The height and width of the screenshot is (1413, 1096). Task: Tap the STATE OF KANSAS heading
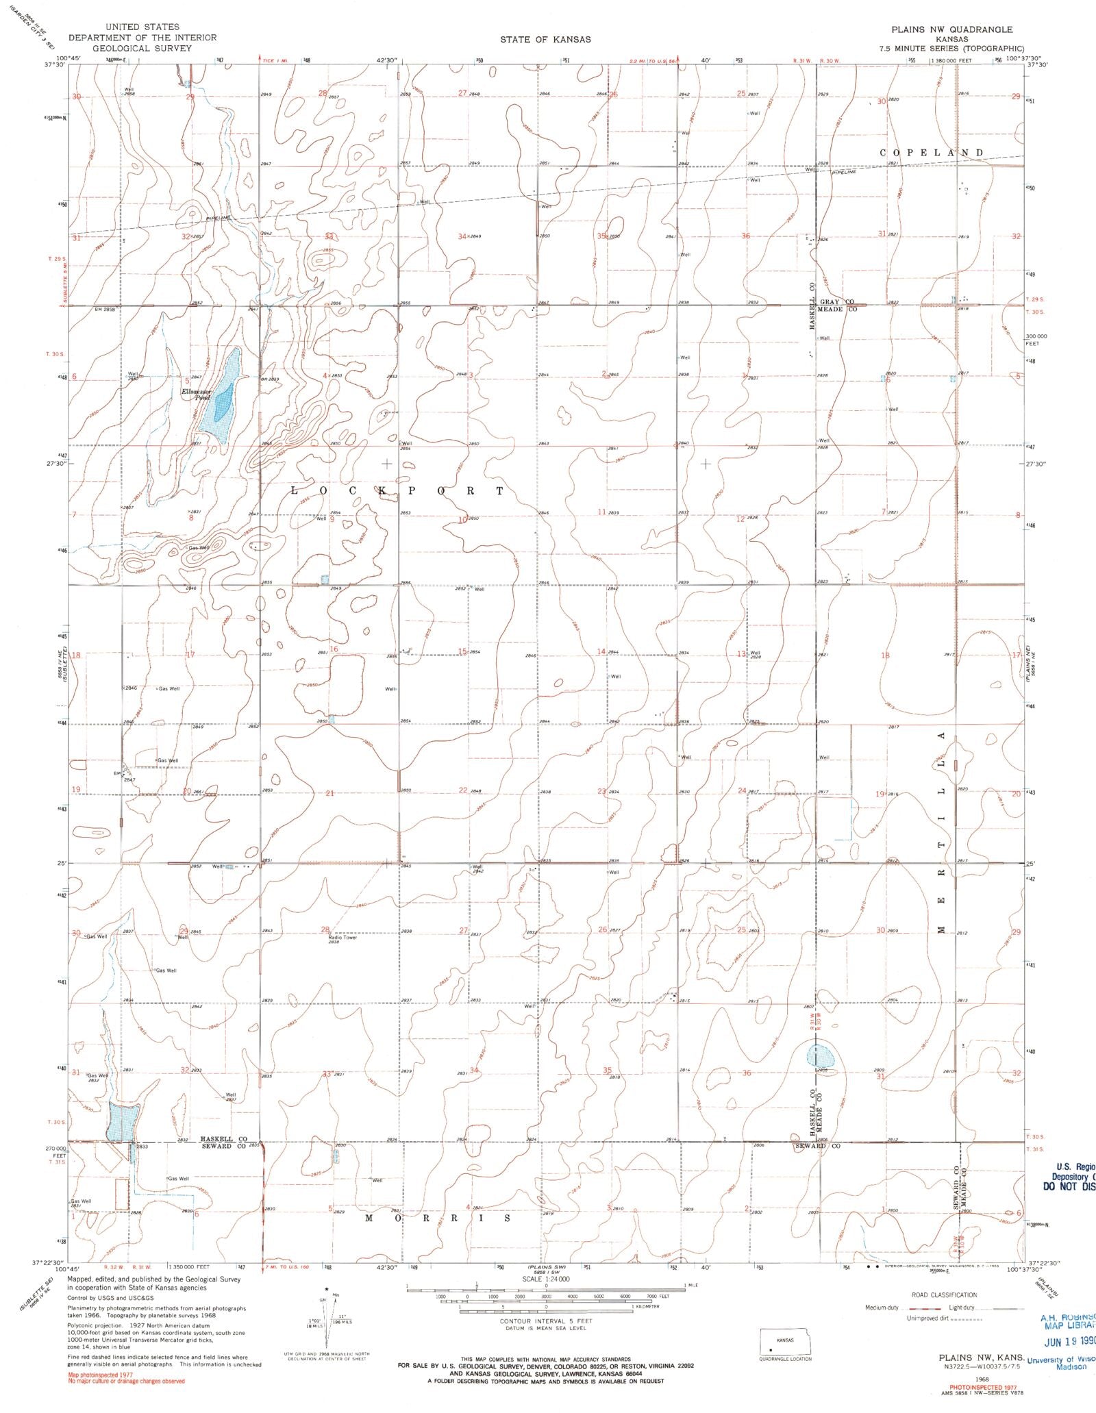[545, 40]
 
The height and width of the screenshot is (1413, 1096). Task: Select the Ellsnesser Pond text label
[195, 394]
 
